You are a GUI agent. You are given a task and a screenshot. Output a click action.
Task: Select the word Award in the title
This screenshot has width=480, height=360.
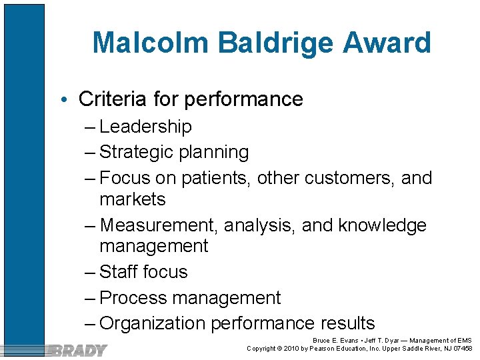tap(385, 43)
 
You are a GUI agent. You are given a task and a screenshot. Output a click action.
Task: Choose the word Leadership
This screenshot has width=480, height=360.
tap(145, 127)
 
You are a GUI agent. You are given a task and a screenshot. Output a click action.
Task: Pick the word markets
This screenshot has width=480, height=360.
tap(133, 199)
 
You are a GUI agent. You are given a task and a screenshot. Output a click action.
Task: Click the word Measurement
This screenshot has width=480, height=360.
tap(159, 225)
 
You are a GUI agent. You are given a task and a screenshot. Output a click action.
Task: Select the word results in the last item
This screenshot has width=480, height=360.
tap(347, 324)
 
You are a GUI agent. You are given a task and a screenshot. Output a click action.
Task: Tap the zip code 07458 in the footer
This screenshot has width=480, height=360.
tap(462, 349)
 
